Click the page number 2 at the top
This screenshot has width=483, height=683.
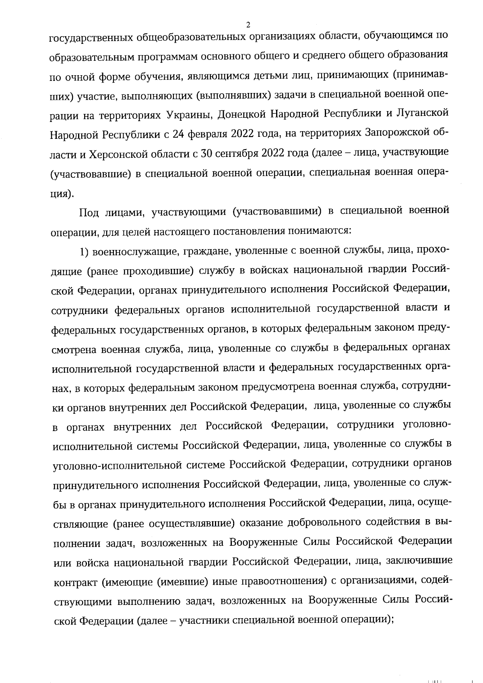[248, 25]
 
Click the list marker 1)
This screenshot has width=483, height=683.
[84, 252]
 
